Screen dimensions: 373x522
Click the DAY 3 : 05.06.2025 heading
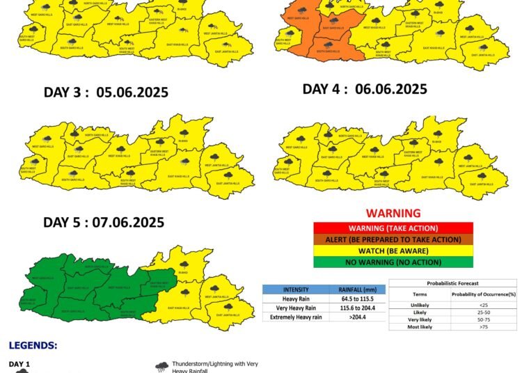coord(106,93)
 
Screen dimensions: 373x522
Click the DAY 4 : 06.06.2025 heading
coord(365,89)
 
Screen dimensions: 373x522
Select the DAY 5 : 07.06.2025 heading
coord(104,223)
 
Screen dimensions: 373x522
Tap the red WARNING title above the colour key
coord(393,214)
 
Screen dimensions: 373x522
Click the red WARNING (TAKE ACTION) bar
coord(393,228)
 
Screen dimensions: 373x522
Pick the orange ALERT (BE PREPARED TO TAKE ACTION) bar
coord(393,239)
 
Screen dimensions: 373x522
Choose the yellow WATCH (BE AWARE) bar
coord(393,251)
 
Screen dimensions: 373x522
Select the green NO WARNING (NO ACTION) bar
coord(393,262)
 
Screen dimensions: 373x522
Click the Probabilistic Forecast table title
coord(452,283)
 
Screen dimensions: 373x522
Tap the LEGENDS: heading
coord(33,345)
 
